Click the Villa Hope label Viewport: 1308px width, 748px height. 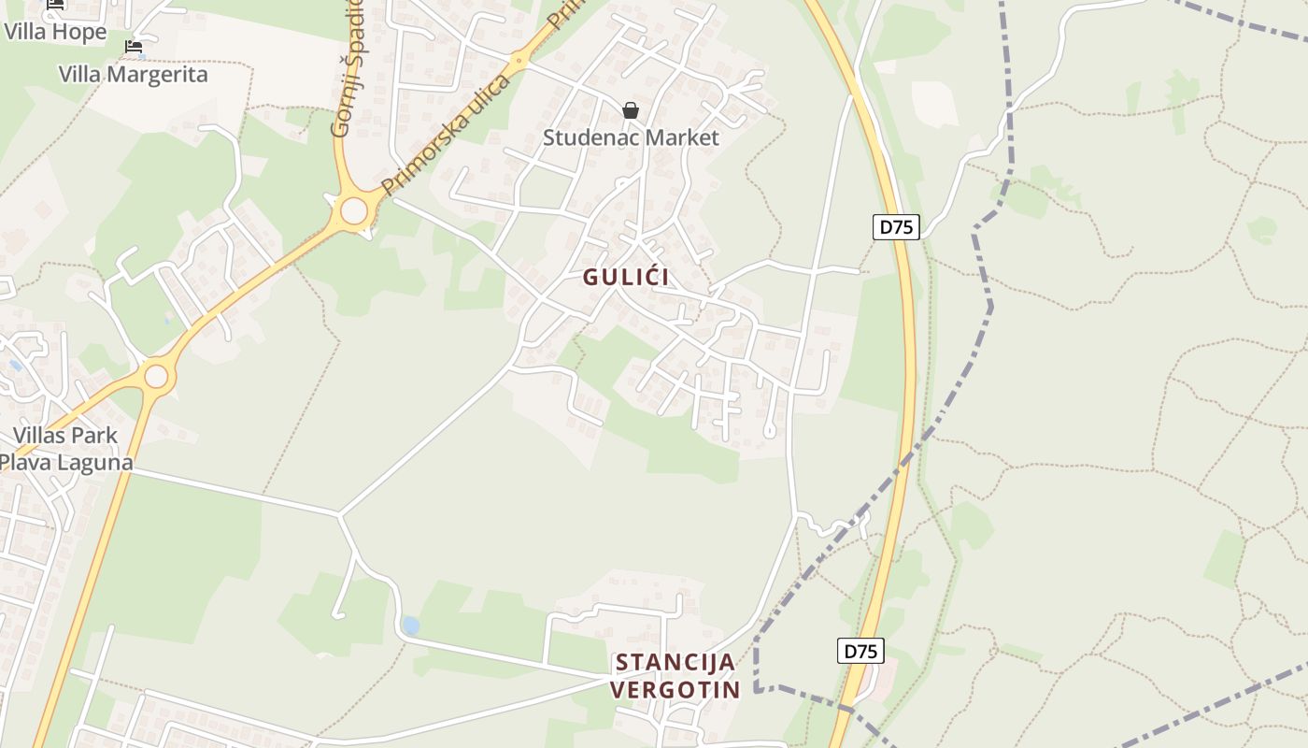[x=55, y=31]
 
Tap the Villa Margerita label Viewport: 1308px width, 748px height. [x=134, y=75]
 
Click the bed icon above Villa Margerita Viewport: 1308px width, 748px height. [x=134, y=47]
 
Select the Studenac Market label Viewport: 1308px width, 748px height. [x=631, y=138]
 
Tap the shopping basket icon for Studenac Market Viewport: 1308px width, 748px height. [x=631, y=111]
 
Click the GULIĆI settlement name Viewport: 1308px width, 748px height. [x=627, y=278]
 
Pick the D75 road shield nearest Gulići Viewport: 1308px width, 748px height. [x=896, y=226]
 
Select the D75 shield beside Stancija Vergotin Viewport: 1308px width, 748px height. [x=860, y=651]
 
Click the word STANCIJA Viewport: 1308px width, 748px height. [x=675, y=663]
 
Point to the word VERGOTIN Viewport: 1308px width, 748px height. [x=675, y=691]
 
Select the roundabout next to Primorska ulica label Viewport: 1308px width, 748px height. [x=354, y=211]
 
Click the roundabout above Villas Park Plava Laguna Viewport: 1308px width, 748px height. [x=156, y=377]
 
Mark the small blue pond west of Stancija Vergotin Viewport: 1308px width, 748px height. [x=409, y=625]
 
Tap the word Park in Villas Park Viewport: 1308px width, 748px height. [x=93, y=436]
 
